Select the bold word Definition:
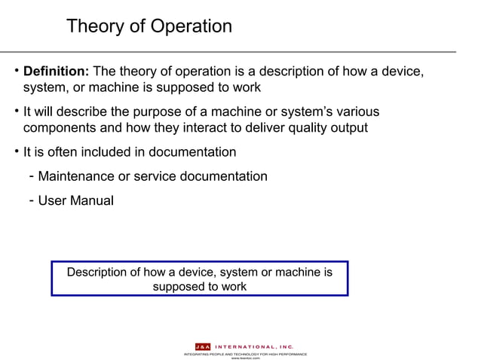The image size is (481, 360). tap(57, 72)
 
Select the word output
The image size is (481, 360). tap(348, 127)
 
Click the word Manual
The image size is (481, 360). tap(93, 201)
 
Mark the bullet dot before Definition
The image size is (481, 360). tap(16, 72)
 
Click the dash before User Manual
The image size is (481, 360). tap(29, 201)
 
